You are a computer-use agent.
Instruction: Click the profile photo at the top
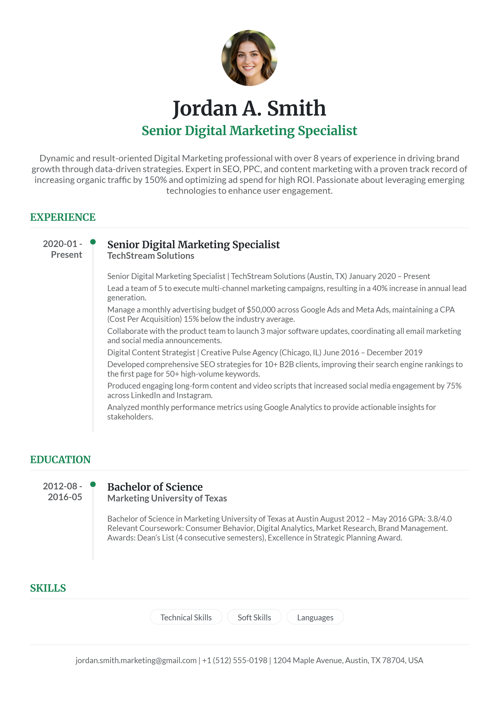coord(249,58)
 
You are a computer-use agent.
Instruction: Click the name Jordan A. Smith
coord(249,108)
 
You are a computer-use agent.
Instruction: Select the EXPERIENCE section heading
coord(63,217)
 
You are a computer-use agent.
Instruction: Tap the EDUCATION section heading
coord(60,459)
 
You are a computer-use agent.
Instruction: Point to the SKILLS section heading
coord(48,588)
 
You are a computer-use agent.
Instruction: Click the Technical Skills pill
coord(186,617)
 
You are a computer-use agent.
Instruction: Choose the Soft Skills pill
coord(254,617)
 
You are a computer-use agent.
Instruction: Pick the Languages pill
coord(315,617)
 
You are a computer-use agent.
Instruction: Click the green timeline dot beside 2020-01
coord(93,242)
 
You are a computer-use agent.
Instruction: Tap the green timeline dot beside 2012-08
coord(93,484)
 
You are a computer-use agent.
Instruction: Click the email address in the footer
coord(136,660)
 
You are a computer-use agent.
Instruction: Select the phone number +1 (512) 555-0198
coord(235,660)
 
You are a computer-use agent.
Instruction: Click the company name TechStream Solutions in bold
coord(151,256)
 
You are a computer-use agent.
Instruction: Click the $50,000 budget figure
coord(261,310)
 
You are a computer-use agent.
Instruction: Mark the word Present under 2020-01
coord(66,255)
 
